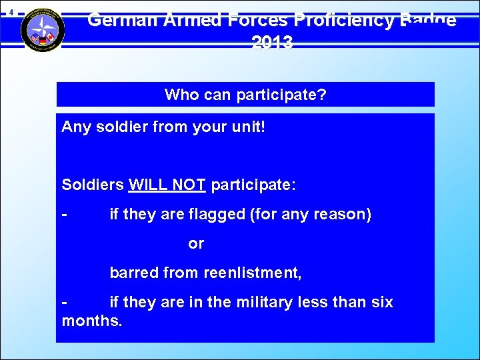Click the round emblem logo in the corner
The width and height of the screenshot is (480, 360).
click(43, 29)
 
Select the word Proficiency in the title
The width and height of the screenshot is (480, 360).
click(342, 20)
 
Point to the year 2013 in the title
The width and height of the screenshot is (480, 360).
click(272, 43)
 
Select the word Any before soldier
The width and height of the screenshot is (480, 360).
click(75, 127)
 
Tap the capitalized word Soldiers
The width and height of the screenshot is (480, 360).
click(93, 185)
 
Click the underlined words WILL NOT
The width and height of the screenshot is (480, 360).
click(167, 185)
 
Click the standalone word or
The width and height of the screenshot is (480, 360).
click(196, 243)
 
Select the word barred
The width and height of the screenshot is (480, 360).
click(132, 273)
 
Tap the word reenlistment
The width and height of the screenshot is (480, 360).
click(252, 273)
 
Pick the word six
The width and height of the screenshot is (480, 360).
click(381, 302)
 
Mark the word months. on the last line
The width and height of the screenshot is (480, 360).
click(92, 321)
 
